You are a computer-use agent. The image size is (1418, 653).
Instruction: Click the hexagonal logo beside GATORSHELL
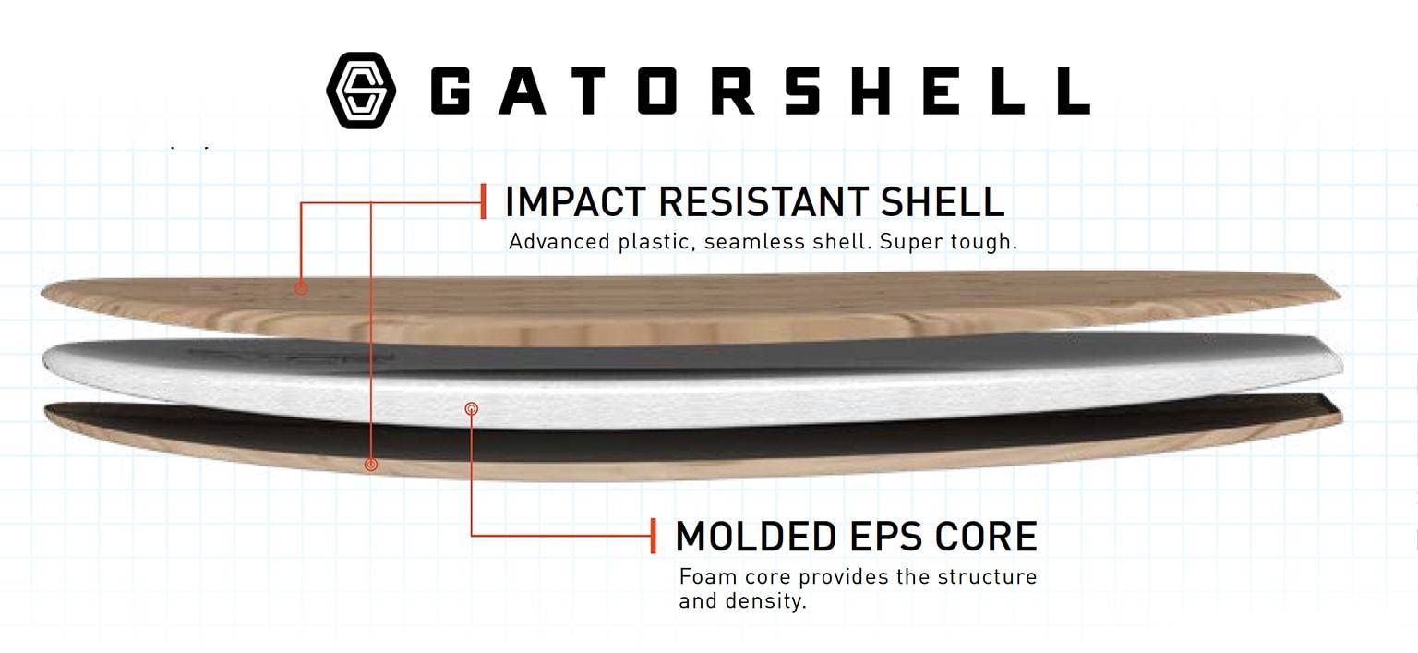(x=362, y=91)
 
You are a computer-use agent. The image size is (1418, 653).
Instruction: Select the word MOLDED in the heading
(x=756, y=537)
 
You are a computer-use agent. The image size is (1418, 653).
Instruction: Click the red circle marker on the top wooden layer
(x=301, y=288)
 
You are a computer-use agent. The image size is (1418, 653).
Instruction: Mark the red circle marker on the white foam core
(x=471, y=409)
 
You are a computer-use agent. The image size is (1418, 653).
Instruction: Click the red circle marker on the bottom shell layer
(x=371, y=465)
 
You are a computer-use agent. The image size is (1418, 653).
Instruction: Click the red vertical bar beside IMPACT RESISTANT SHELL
(x=484, y=201)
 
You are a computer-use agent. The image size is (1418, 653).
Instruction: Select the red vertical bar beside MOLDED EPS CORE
(x=654, y=536)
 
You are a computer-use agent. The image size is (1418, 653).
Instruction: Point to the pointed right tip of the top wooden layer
(x=1340, y=295)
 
